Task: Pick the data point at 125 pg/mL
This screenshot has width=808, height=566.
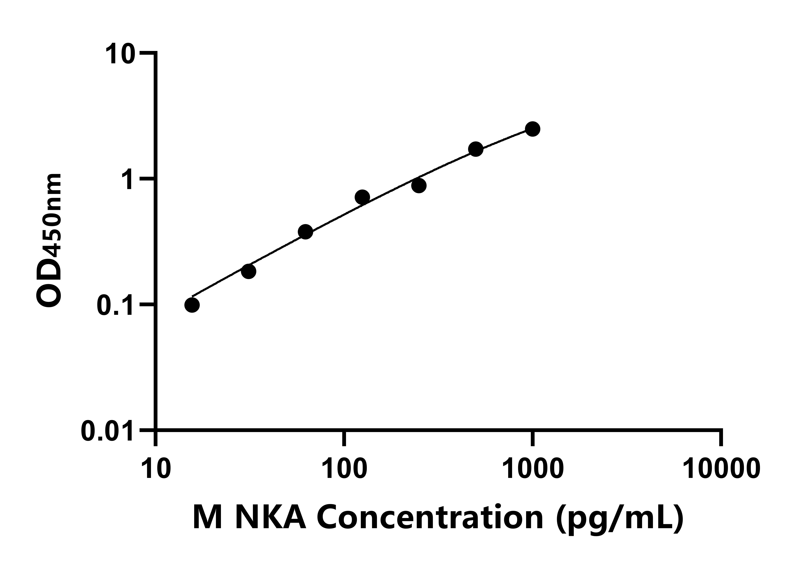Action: click(362, 197)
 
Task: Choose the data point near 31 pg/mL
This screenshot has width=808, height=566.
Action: click(248, 271)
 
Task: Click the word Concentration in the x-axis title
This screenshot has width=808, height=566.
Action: click(430, 518)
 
